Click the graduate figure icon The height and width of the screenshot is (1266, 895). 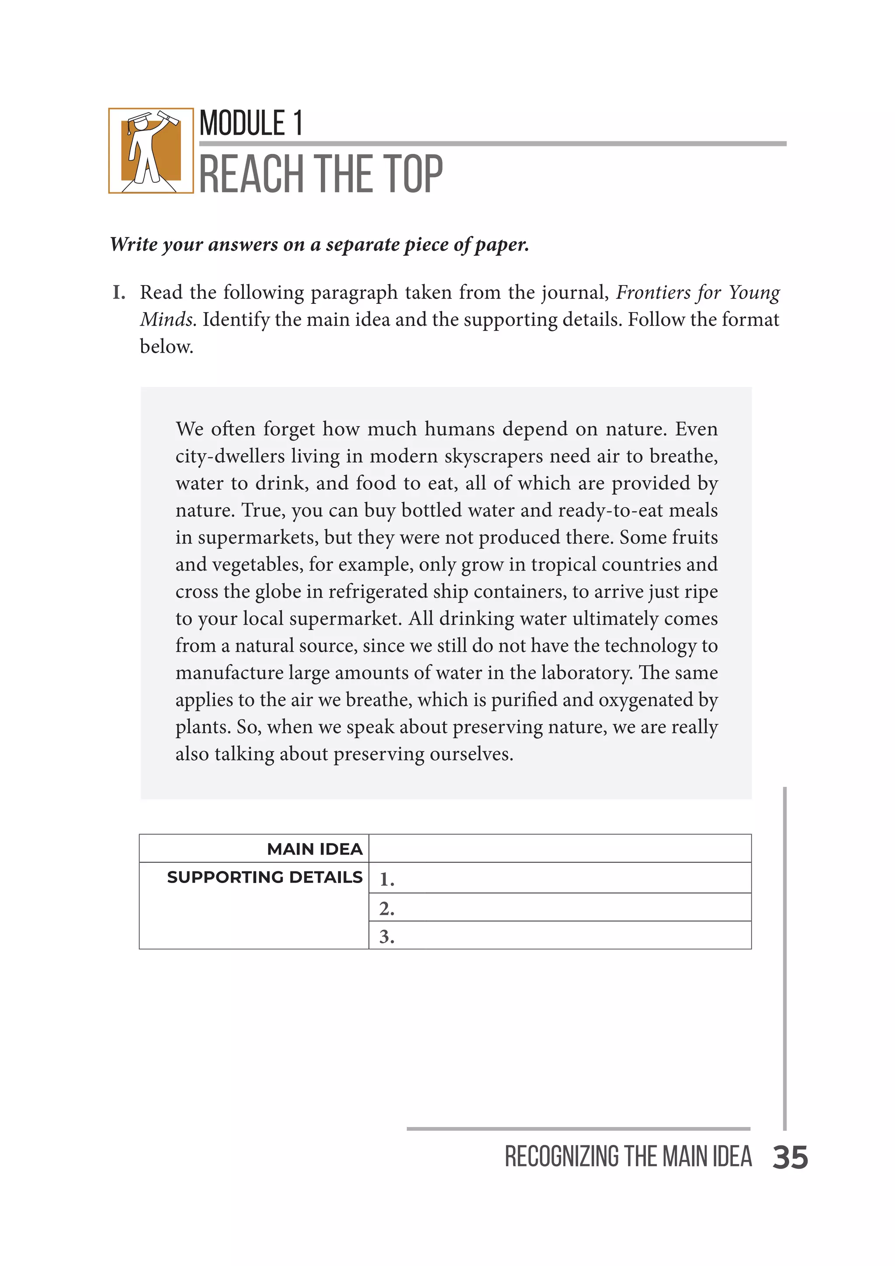[150, 150]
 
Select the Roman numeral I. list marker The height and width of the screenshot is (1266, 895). [118, 293]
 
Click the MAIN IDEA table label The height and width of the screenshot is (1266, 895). [315, 849]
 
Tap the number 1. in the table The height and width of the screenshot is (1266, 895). [386, 880]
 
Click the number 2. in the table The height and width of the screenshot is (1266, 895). [386, 908]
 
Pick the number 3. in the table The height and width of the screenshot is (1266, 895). [386, 936]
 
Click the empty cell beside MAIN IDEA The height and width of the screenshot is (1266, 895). [559, 849]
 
